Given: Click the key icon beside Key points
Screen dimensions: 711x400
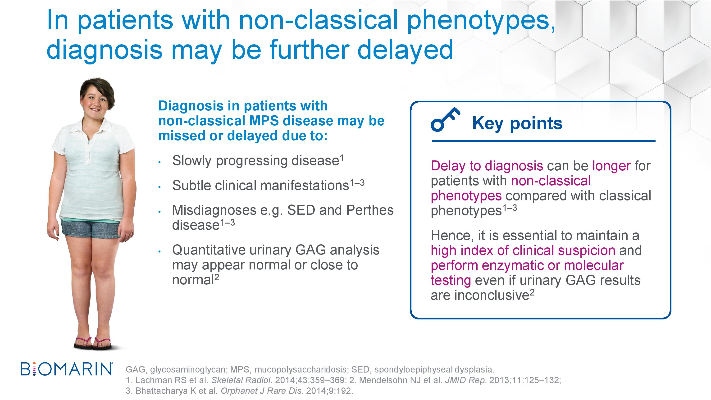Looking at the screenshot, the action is pyautogui.click(x=445, y=119).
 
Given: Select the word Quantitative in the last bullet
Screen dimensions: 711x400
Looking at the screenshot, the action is pyautogui.click(x=209, y=250).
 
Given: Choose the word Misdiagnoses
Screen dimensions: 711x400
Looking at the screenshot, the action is pyautogui.click(x=214, y=210).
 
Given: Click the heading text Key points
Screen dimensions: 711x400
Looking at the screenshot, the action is pyautogui.click(x=517, y=123).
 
